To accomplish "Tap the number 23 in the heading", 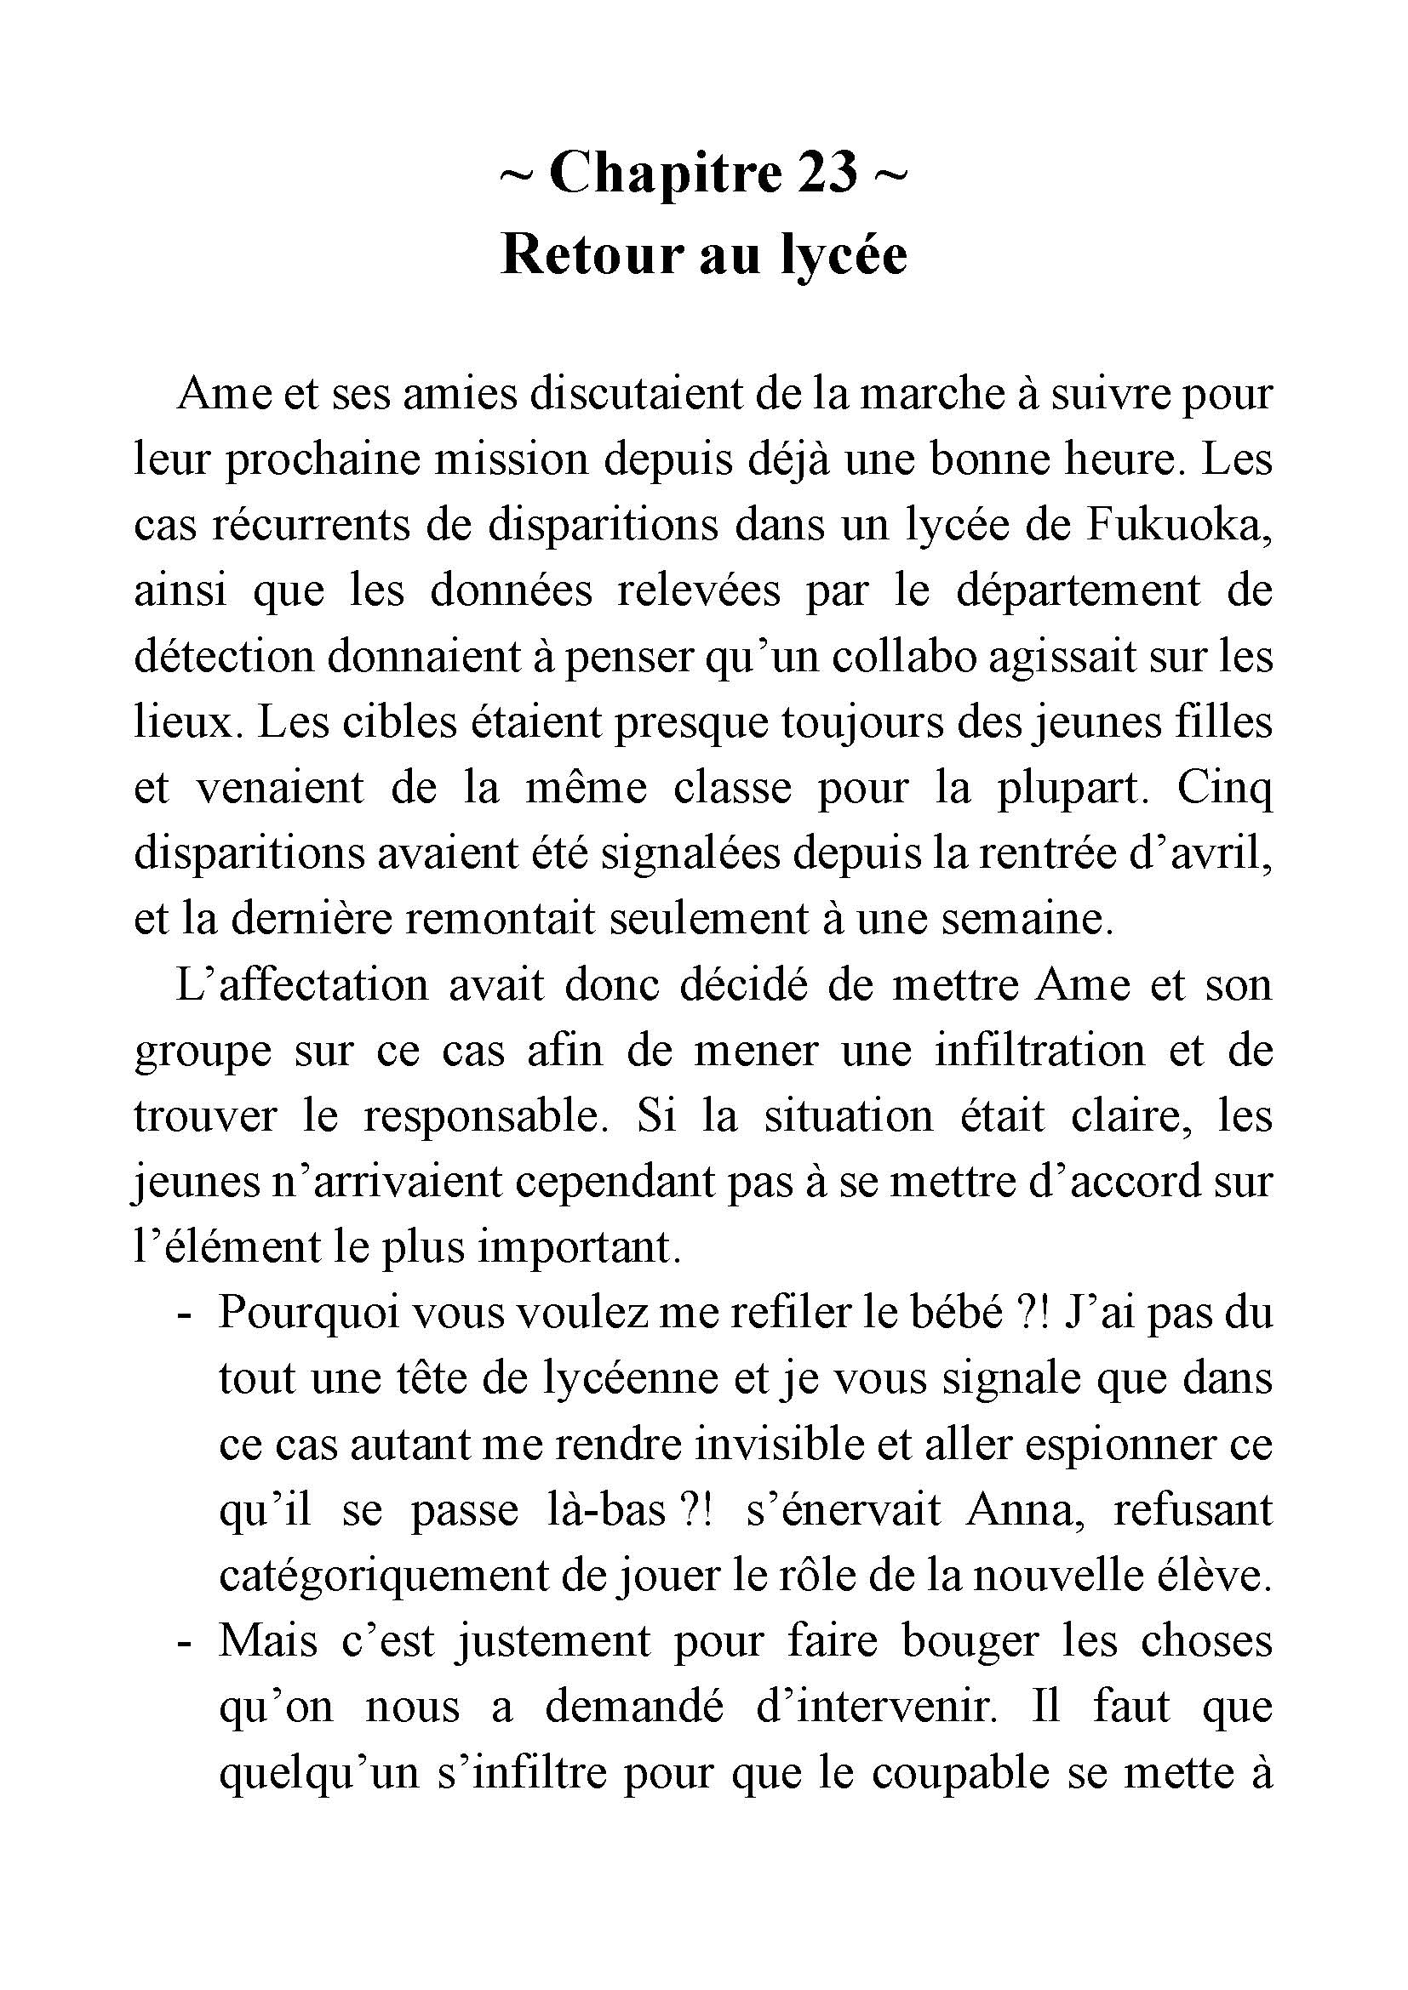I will click(x=827, y=173).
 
